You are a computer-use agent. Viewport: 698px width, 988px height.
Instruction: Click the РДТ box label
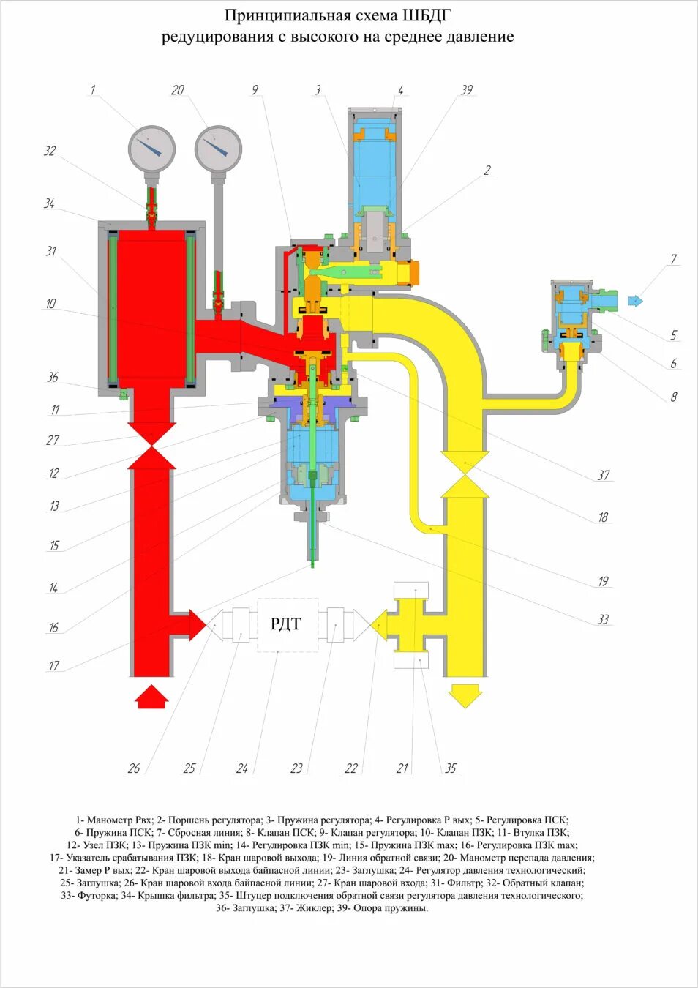pyautogui.click(x=286, y=624)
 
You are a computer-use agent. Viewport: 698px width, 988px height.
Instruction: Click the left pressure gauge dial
pyautogui.click(x=152, y=148)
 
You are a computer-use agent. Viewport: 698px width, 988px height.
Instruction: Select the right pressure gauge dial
pyautogui.click(x=218, y=148)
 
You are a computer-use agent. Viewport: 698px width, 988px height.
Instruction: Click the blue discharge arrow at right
pyautogui.click(x=635, y=300)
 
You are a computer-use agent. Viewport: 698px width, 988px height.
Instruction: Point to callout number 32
pyautogui.click(x=50, y=151)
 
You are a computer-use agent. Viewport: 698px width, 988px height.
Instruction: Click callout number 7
pyautogui.click(x=673, y=259)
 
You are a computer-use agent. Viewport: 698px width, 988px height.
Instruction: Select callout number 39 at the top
pyautogui.click(x=467, y=90)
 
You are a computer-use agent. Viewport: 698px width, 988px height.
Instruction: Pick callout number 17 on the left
pyautogui.click(x=54, y=665)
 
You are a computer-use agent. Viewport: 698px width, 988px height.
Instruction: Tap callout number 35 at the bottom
pyautogui.click(x=451, y=768)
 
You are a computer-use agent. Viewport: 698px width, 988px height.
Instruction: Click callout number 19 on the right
pyautogui.click(x=603, y=581)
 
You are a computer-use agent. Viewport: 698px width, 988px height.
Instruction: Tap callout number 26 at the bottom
pyautogui.click(x=134, y=768)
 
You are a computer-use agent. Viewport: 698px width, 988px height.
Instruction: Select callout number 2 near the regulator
pyautogui.click(x=487, y=171)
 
